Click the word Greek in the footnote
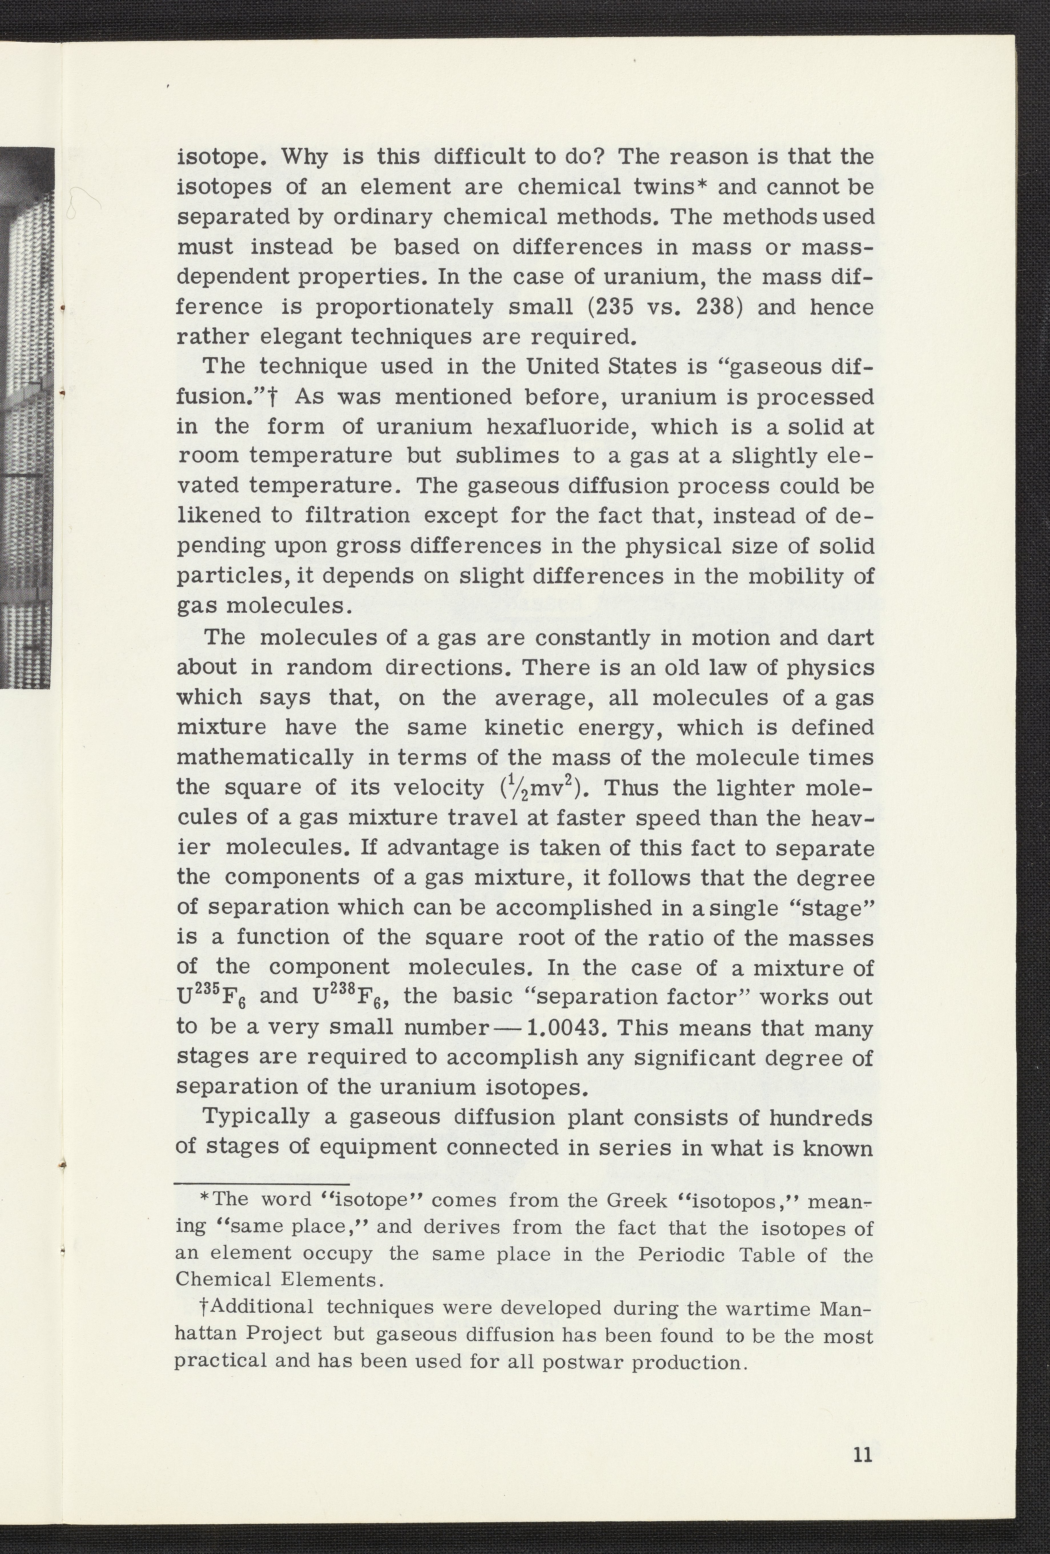[x=636, y=1200]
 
